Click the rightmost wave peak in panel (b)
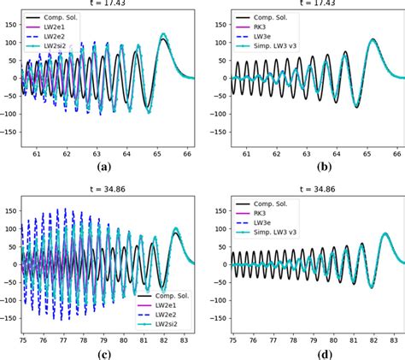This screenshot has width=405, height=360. [373, 40]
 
